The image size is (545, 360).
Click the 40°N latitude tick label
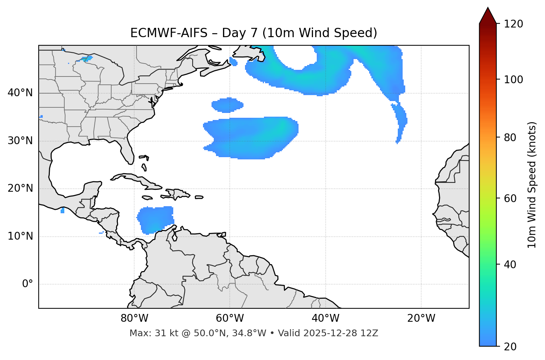[x=20, y=93]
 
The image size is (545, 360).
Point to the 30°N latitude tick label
[x=20, y=141]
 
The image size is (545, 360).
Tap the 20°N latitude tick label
[x=20, y=188]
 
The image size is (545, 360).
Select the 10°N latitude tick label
[x=20, y=236]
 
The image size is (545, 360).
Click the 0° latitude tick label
[x=28, y=284]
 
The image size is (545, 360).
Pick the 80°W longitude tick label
[x=134, y=318]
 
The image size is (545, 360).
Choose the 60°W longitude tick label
[x=230, y=318]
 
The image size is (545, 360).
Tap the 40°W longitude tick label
[x=325, y=318]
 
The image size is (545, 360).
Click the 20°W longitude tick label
[x=421, y=318]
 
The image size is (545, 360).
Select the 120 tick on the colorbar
[x=514, y=24]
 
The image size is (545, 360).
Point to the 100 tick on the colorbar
[x=514, y=80]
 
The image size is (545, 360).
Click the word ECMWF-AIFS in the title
[x=169, y=33]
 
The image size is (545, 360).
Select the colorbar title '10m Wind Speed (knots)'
[x=532, y=185]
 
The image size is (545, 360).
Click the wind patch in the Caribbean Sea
[x=155, y=220]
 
